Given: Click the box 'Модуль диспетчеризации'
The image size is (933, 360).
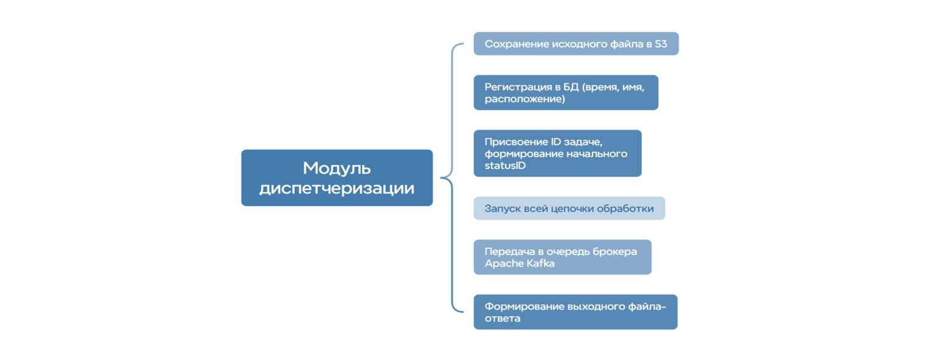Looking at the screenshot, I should tap(337, 178).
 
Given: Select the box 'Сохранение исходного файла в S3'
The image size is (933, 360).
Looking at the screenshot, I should tap(576, 44).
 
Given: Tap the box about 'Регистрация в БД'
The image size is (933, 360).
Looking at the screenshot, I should tap(565, 92).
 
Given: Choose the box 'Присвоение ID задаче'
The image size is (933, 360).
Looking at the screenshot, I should tap(557, 153).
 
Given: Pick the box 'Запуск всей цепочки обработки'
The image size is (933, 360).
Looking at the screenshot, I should tap(569, 208).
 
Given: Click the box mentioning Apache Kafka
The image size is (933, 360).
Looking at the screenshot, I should tap(562, 257).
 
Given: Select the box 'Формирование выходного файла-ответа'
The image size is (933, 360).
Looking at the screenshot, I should tap(575, 312).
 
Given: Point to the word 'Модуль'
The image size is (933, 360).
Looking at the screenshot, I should tap(337, 168).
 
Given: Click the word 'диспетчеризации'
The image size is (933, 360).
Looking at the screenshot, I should tap(337, 188).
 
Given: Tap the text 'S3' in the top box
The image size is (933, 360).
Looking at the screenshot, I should tap(661, 44).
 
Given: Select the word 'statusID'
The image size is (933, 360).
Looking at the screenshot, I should tap(505, 165).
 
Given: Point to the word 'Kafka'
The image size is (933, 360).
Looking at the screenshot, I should tap(540, 263).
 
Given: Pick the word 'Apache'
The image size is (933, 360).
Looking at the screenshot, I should tap(502, 263).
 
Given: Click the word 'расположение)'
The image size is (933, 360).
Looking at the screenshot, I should tap(525, 99).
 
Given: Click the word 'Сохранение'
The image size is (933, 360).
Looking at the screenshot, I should tap(517, 44).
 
